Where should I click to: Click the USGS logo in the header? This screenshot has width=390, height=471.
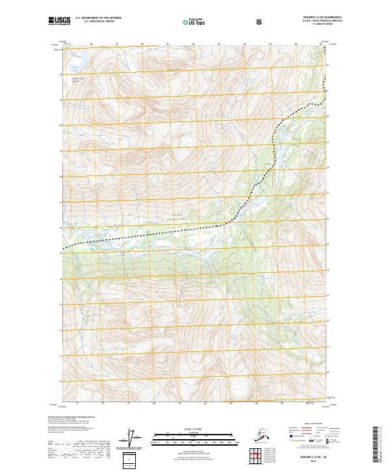pyautogui.click(x=59, y=21)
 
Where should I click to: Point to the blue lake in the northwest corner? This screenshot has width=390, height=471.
pyautogui.click(x=78, y=59)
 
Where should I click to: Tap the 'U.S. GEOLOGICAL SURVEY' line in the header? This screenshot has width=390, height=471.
pyautogui.click(x=98, y=21)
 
